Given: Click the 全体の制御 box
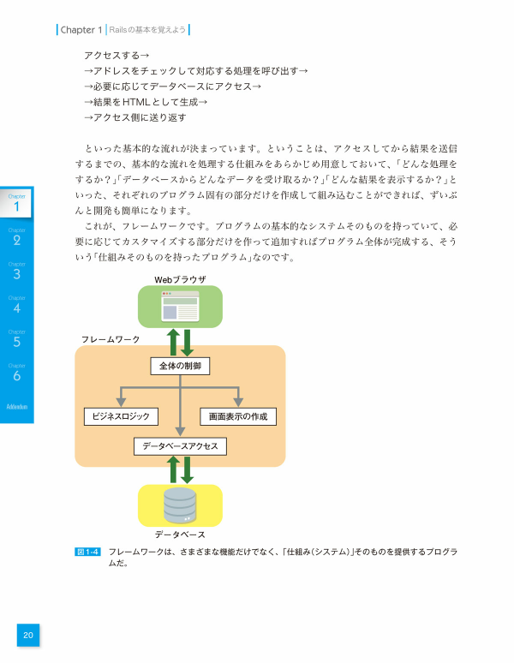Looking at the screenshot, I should coord(180,366).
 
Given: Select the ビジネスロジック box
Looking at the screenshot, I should coord(121,416).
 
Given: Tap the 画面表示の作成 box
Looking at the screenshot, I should coord(238,416).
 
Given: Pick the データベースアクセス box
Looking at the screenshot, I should coord(180,446).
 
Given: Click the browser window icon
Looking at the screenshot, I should coord(180,306).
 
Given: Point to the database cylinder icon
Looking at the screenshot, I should coord(180,505).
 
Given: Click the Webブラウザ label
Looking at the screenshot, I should coord(180,279).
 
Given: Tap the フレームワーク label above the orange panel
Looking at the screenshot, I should coord(111,339).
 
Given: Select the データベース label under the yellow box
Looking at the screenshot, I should coord(180,535).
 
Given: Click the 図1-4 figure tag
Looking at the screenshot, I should coord(88,552).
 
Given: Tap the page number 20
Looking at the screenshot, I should coord(28,635).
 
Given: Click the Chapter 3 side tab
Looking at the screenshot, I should coord(16,272).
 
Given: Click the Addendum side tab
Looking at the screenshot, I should coord(16,406).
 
